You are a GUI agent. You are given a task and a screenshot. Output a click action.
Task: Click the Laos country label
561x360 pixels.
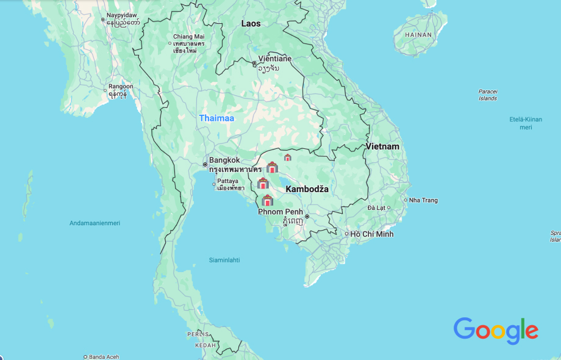pos(251,24)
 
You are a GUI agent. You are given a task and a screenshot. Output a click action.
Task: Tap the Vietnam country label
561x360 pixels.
pos(382,146)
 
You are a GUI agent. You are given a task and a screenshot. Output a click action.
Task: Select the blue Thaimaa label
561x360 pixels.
pos(216,118)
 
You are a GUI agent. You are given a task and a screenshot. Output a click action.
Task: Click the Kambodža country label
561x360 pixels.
pos(307,189)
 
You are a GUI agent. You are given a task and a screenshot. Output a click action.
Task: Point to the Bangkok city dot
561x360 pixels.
pos(205,164)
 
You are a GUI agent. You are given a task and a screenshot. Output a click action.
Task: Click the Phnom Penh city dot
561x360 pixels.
pos(307,216)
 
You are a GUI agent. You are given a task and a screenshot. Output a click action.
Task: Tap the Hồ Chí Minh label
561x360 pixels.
pos(372,234)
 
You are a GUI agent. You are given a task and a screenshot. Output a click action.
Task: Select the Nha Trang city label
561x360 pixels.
pos(423,200)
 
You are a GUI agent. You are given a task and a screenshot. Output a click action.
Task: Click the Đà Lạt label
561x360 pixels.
pos(376,208)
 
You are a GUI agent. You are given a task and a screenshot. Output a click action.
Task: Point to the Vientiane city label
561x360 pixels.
pos(274,59)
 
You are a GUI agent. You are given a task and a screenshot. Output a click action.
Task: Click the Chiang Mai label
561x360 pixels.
pos(188,37)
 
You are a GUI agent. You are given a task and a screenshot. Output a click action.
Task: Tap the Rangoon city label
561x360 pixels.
pos(121,87)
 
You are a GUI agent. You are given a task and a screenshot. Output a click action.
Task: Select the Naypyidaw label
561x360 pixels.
pos(123,15)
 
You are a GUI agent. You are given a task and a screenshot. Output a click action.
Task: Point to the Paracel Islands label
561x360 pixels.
pos(488,95)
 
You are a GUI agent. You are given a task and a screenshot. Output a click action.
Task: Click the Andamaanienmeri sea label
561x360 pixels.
pos(95,223)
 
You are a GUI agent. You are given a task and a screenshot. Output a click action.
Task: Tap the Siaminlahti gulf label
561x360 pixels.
pos(224,260)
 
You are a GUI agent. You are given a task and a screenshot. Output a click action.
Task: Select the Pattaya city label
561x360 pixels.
pos(227,181)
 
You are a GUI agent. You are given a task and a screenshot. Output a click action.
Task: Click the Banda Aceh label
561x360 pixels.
pos(105,357)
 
